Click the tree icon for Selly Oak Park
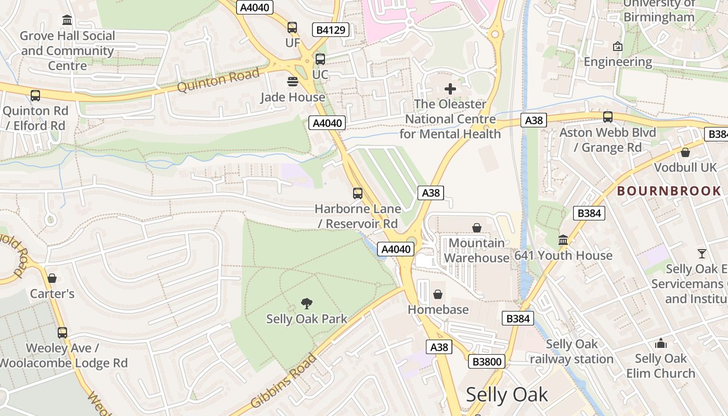click(x=307, y=304)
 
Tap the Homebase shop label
click(x=438, y=309)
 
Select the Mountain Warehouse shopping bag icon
click(x=476, y=228)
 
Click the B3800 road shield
click(x=486, y=361)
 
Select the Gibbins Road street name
click(x=283, y=381)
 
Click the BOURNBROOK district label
click(x=669, y=191)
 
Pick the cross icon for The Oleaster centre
click(x=450, y=89)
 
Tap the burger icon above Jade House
click(x=293, y=82)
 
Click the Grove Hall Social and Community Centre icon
click(x=67, y=20)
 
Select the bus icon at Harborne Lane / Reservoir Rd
click(x=358, y=193)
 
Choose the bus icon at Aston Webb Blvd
click(x=607, y=117)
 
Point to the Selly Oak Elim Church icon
click(x=661, y=343)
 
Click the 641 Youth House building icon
click(x=563, y=240)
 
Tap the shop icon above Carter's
click(x=52, y=278)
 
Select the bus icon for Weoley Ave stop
click(x=62, y=332)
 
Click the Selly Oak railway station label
click(x=571, y=352)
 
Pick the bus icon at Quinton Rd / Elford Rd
click(x=35, y=96)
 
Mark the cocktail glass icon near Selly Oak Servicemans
click(x=702, y=254)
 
